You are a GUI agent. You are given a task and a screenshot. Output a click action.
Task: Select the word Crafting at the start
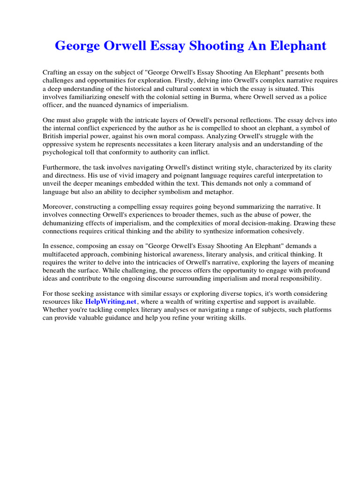click(x=55, y=72)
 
